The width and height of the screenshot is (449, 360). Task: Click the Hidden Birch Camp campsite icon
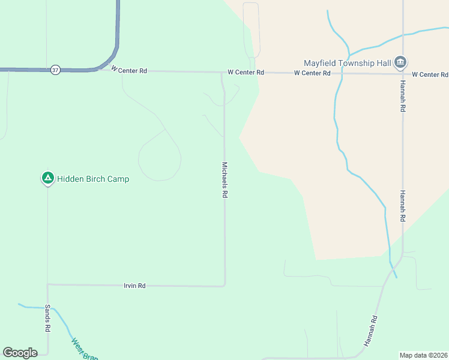click(47, 178)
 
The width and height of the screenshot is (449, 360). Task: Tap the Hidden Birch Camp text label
click(93, 179)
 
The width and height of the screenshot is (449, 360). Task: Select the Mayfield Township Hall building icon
click(400, 62)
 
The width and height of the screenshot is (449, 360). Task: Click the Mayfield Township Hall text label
click(347, 62)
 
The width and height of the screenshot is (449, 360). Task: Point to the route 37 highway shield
click(55, 70)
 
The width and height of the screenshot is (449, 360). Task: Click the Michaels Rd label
click(225, 180)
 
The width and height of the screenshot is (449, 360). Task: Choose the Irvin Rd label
click(134, 286)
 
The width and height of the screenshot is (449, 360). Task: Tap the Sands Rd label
click(47, 318)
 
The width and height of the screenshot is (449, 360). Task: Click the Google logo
click(20, 353)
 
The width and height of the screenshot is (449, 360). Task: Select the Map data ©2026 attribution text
click(423, 355)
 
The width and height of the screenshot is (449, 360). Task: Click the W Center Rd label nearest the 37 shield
click(129, 70)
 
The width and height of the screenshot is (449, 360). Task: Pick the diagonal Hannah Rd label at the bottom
click(370, 331)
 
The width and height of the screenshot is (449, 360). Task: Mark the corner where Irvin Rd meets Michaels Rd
click(225, 285)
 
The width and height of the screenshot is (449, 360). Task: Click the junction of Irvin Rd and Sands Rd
click(47, 284)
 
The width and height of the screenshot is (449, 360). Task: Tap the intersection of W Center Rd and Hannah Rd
click(402, 74)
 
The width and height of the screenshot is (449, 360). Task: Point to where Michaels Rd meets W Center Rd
click(222, 72)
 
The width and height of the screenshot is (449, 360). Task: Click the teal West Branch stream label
click(84, 350)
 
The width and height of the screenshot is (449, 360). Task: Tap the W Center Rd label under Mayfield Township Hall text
click(312, 73)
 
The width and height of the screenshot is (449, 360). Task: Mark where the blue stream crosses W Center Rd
click(341, 73)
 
